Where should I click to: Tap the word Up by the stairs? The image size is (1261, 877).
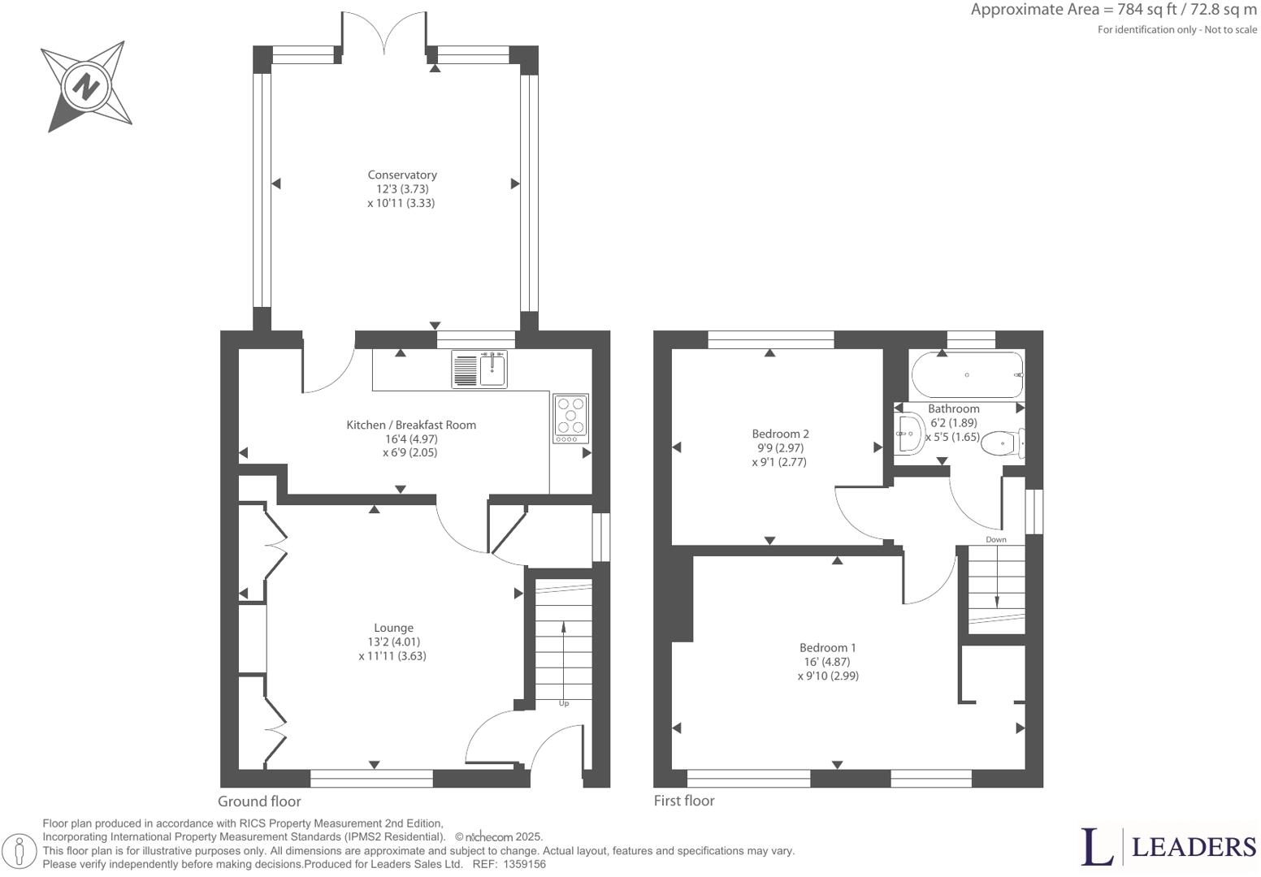coord(564,703)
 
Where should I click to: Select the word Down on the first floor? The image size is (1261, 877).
coord(995,539)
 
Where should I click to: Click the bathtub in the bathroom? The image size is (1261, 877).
coord(967,374)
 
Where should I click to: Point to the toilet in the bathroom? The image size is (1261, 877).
coord(1002,443)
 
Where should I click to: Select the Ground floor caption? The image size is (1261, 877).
coord(259,801)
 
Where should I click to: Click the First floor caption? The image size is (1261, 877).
coord(684,801)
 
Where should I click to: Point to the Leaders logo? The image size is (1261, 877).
coord(1167,847)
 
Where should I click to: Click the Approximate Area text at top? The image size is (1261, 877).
coord(1113,10)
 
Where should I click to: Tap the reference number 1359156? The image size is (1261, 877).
coord(524,865)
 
